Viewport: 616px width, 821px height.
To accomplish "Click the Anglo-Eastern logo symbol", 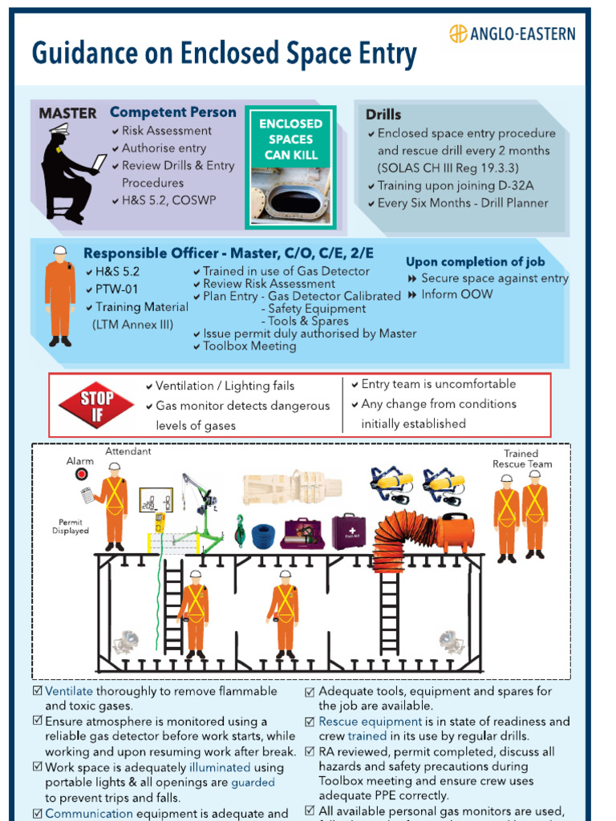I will (458, 34).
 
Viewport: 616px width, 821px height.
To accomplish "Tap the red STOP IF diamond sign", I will (97, 405).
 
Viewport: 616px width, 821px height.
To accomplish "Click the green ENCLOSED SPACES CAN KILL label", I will (290, 139).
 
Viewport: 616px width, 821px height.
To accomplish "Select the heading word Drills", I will (383, 115).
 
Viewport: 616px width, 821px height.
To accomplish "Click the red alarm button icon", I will (81, 475).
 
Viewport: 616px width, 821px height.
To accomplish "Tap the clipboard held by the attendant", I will (87, 495).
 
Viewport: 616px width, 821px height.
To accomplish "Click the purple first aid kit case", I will (349, 531).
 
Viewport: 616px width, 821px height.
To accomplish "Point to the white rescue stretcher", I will (292, 487).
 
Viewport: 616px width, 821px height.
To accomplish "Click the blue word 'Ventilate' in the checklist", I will (69, 691).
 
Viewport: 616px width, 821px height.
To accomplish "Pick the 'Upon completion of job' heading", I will (475, 261).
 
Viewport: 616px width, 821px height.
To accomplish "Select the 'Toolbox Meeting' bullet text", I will (249, 346).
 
